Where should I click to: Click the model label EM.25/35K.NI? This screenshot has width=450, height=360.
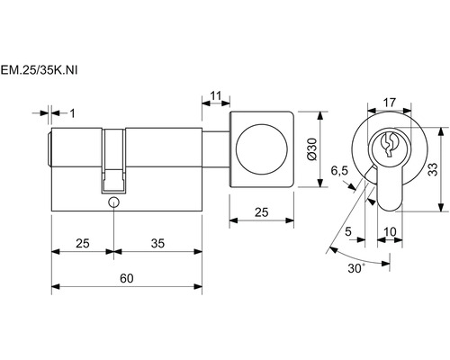39,71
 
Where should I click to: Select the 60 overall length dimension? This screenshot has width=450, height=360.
127,278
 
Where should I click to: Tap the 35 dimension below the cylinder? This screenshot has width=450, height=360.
157,243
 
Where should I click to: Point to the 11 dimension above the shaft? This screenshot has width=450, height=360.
216,95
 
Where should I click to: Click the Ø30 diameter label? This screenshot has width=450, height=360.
312,149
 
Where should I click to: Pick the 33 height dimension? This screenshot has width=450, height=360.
433,169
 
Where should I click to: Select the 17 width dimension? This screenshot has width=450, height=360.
390,103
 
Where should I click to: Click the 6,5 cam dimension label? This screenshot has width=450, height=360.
339,171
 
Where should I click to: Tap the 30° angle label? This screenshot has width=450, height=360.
356,268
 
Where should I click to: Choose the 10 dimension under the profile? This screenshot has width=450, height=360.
390,231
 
